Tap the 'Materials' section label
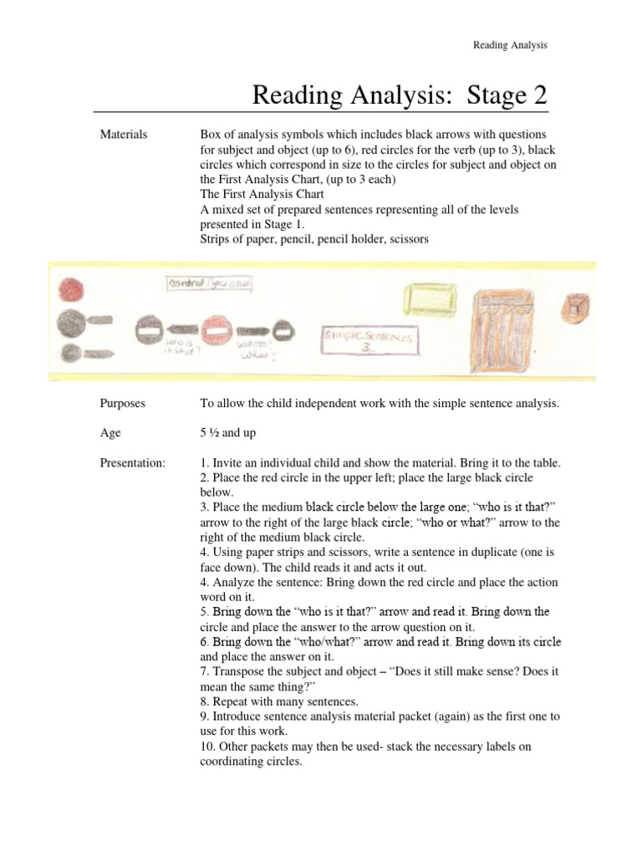[x=124, y=134]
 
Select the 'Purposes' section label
[x=122, y=403]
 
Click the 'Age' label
[x=110, y=433]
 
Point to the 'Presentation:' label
[x=132, y=463]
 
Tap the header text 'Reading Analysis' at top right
[x=510, y=45]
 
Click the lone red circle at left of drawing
[x=70, y=291]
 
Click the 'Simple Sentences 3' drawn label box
[x=369, y=342]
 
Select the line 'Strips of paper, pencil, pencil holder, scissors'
[x=314, y=239]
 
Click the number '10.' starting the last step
[x=208, y=747]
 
